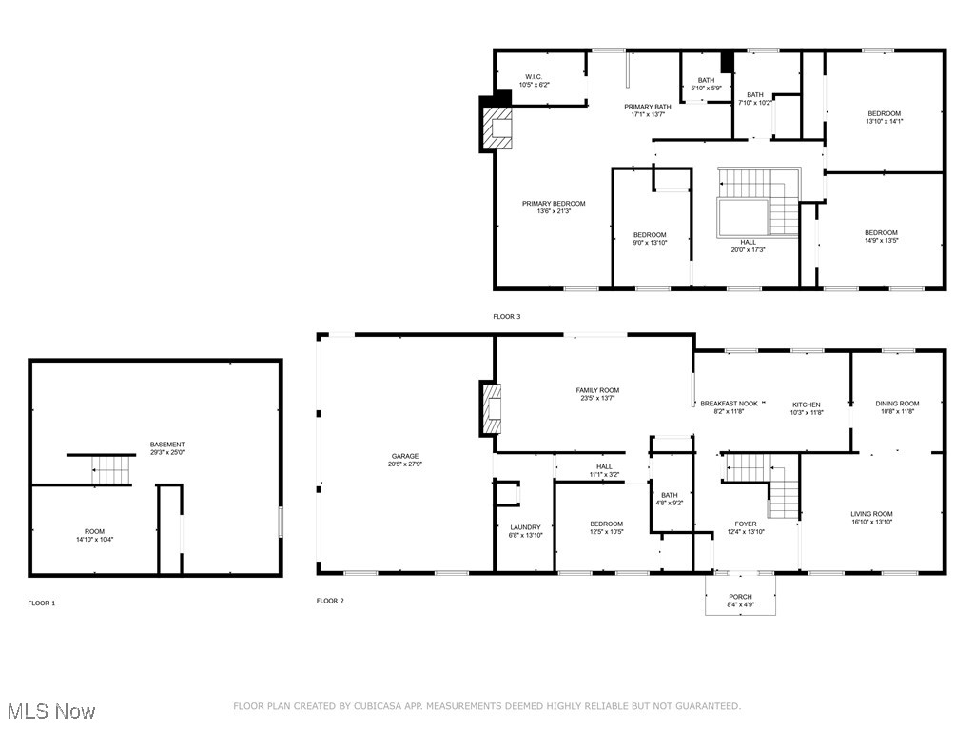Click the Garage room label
404,456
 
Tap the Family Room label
597,390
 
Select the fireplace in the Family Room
491,407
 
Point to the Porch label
740,597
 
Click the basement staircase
110,469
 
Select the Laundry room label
525,526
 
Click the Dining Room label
897,404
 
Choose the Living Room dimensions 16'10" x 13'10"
871,523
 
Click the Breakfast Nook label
729,404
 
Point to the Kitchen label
807,405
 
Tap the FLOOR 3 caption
507,316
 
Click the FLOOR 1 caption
42,603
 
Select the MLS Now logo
51,710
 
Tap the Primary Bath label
647,107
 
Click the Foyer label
746,524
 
